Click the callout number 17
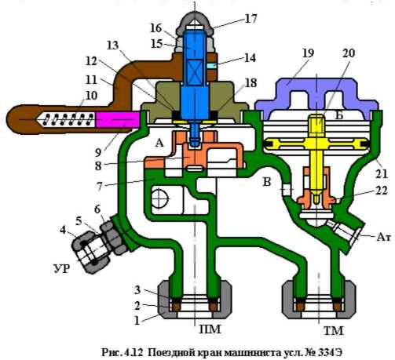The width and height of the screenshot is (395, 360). point(251,19)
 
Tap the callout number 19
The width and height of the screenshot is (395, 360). point(308,53)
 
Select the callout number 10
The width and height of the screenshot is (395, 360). point(91,96)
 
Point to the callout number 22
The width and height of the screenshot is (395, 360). point(381,191)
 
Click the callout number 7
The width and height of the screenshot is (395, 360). point(100,187)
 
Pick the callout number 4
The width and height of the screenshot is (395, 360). point(63,231)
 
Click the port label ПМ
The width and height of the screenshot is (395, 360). point(210,329)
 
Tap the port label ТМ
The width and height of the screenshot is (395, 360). point(333,331)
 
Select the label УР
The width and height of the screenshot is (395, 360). point(62,268)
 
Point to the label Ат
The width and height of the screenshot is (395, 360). point(383,237)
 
